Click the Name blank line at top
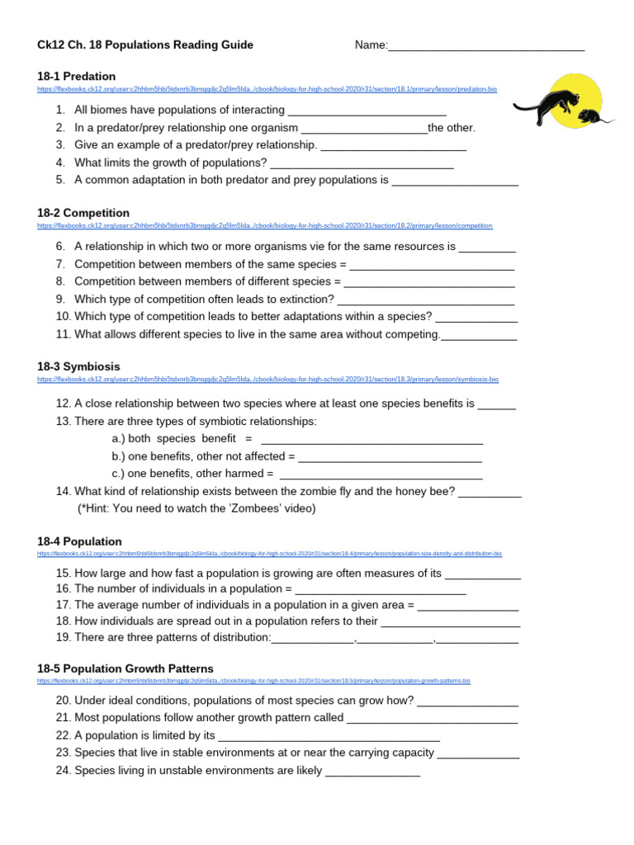(486, 47)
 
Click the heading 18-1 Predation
(77, 76)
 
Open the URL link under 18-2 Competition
(265, 225)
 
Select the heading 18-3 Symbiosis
(78, 366)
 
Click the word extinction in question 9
(306, 299)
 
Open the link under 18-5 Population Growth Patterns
(253, 681)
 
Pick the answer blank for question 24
(373, 774)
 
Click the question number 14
(64, 491)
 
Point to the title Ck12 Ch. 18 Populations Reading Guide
(145, 45)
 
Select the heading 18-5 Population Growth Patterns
(125, 668)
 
